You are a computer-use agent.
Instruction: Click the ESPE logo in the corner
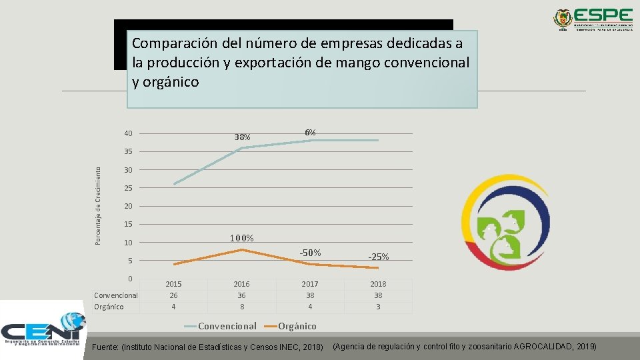point(593,19)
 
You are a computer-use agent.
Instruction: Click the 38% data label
point(242,137)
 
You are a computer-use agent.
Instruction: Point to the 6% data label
point(310,132)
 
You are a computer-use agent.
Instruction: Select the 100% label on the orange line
point(241,238)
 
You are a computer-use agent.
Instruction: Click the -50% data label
point(310,252)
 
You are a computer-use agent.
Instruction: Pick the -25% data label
point(379,257)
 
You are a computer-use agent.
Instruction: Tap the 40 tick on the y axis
point(129,133)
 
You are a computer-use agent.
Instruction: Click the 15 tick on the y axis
point(129,224)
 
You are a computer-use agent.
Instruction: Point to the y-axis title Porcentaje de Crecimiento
point(98,205)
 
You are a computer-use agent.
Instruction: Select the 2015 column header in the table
point(173,284)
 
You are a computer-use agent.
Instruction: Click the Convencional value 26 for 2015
point(173,295)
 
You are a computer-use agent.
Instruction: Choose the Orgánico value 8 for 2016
point(241,307)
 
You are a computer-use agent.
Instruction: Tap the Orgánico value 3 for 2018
point(378,307)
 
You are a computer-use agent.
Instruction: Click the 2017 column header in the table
point(310,284)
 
